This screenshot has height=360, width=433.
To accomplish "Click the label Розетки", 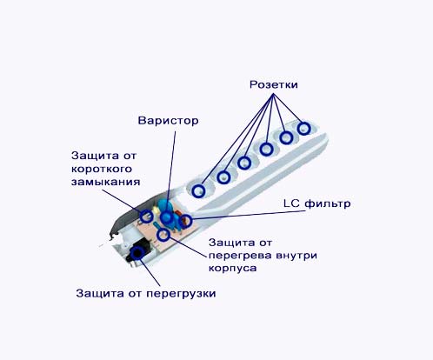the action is click(x=274, y=85).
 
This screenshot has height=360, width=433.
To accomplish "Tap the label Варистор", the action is click(x=168, y=121).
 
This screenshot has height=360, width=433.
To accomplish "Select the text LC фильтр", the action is click(x=316, y=203).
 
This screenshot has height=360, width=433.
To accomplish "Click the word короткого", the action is click(x=102, y=169).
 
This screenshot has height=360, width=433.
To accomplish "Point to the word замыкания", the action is click(x=105, y=182).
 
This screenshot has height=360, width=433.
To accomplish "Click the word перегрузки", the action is click(x=181, y=294).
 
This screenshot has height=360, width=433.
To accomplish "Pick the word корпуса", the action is click(x=232, y=268).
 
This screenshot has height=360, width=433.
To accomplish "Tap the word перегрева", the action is click(x=240, y=256).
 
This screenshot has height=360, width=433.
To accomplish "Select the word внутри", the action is click(x=296, y=256).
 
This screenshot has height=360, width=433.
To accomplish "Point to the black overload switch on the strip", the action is click(x=137, y=252).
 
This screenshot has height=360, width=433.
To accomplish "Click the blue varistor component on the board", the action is click(x=166, y=212).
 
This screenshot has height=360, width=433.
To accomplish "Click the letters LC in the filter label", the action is click(x=291, y=203).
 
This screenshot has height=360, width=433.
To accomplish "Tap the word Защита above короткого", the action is click(x=93, y=156).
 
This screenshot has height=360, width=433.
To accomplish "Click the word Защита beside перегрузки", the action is click(x=98, y=293).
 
